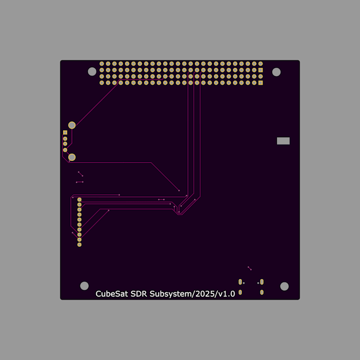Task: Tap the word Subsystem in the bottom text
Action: tap(169, 294)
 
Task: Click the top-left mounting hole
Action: tap(92, 71)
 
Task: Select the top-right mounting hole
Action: tap(276, 71)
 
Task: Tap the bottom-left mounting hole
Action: tap(84, 286)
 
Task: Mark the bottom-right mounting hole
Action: tap(284, 286)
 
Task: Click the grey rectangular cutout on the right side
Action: tap(283, 141)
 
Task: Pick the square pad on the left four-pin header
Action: tap(65, 132)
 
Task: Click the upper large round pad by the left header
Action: tap(72, 125)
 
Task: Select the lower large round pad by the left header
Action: tap(72, 157)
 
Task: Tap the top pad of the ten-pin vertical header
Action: tap(79, 199)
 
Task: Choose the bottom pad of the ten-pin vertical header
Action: tap(79, 245)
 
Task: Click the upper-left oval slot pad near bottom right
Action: tap(240, 281)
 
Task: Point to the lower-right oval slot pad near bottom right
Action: tap(262, 292)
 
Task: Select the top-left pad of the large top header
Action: tap(102, 64)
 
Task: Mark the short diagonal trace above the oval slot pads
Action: tap(250, 268)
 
